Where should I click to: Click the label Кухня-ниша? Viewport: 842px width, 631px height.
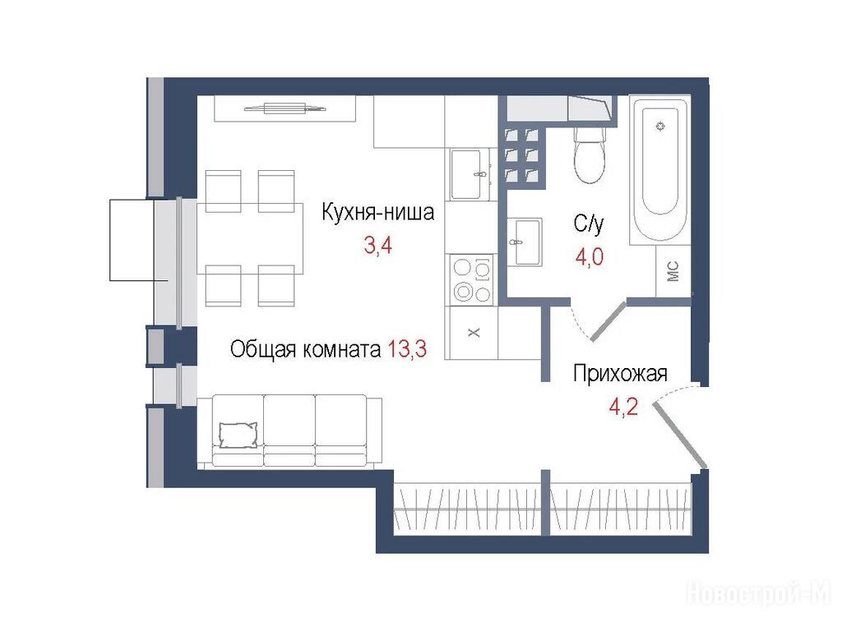click(377, 212)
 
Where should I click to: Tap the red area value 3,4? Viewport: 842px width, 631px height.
click(378, 246)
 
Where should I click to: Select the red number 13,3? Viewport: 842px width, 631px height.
click(407, 349)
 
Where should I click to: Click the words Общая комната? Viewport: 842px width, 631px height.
click(306, 349)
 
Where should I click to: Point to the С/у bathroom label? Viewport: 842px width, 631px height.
click(589, 223)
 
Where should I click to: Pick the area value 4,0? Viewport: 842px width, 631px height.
click(589, 256)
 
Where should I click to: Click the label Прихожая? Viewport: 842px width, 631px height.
click(620, 374)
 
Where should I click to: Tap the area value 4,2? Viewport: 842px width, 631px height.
click(623, 408)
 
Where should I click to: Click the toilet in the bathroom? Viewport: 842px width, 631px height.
click(590, 155)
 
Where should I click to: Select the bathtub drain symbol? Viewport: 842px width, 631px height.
click(661, 126)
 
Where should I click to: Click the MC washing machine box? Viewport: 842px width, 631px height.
click(673, 271)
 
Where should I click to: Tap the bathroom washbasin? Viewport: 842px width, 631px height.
click(525, 242)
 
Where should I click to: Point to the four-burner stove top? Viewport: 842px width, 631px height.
click(472, 280)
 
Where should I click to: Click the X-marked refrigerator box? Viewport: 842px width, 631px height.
click(474, 333)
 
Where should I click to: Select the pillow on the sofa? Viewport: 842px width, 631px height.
click(238, 435)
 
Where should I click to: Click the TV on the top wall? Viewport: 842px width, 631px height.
click(285, 108)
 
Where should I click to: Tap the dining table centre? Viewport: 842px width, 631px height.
click(250, 238)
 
